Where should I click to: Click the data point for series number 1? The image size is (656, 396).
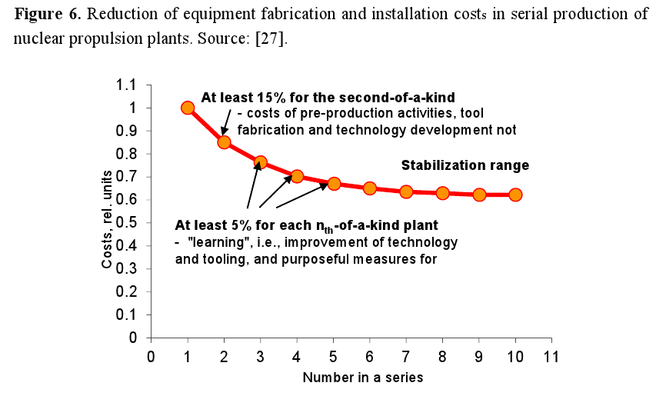click(x=188, y=108)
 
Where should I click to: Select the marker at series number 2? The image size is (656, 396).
click(x=224, y=141)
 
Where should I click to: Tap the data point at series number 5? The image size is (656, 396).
click(x=333, y=184)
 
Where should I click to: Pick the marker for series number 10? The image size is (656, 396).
click(x=515, y=195)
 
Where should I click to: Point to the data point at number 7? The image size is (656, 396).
click(x=406, y=191)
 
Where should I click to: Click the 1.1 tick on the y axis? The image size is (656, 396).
click(x=135, y=85)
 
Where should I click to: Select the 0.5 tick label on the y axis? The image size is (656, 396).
click(x=135, y=223)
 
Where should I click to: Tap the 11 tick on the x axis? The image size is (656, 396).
click(x=551, y=356)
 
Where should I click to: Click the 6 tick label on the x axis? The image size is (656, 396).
click(x=369, y=356)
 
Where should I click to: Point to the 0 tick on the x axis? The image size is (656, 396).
click(x=151, y=356)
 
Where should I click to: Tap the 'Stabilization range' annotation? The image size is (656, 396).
click(x=465, y=165)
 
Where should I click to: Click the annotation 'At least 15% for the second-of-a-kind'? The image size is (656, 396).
click(x=328, y=98)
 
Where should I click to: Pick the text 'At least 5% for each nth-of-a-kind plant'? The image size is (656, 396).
click(x=306, y=227)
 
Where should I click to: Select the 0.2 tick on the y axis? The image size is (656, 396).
click(x=135, y=292)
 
